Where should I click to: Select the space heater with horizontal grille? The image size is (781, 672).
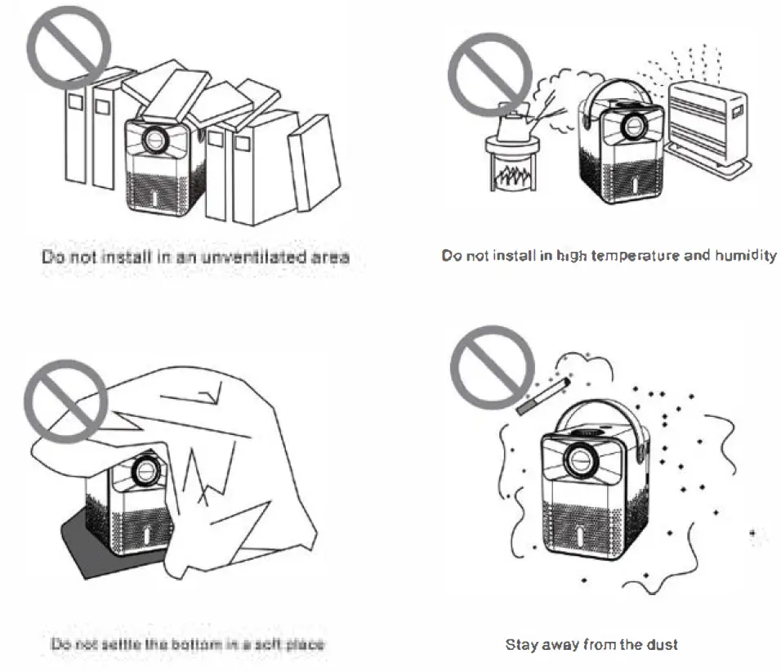click(707, 123)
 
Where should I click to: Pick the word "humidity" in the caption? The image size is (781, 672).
click(745, 256)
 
